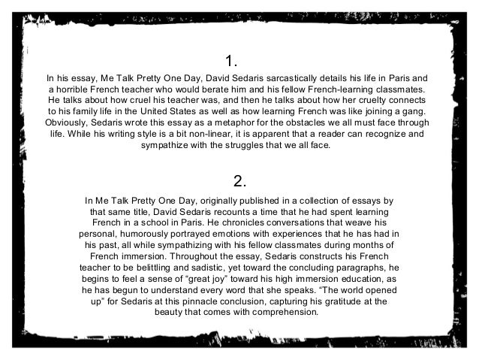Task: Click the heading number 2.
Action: point(239,181)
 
